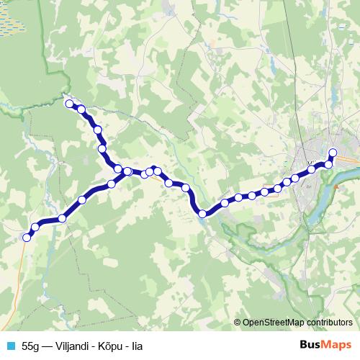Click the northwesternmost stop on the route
(71, 104)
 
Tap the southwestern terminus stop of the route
(27, 237)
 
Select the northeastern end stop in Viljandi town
(333, 152)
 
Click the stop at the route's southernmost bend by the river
(203, 213)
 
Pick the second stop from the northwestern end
(81, 109)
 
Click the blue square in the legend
(10, 344)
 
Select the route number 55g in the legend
(32, 344)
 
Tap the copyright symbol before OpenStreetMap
(238, 323)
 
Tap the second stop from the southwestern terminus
(35, 228)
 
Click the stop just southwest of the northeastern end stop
(329, 164)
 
